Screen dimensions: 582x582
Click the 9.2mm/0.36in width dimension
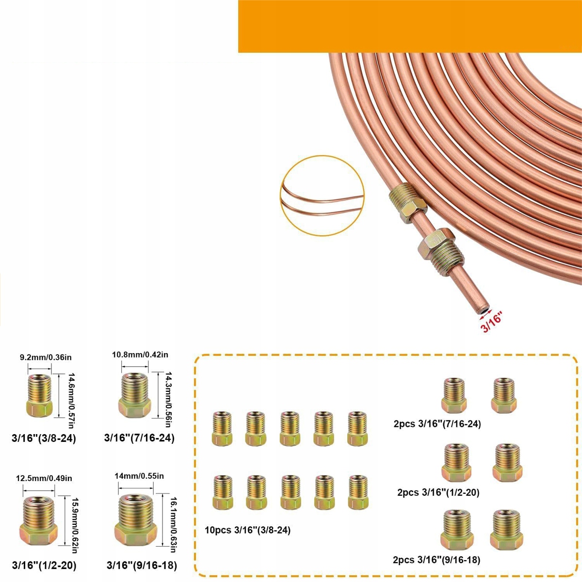46,357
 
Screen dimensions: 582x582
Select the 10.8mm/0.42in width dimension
140,355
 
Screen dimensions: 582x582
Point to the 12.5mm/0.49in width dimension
44,479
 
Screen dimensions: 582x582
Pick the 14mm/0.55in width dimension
139,476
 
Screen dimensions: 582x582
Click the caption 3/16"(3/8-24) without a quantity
44,438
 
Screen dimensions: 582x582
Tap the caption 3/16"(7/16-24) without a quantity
139,438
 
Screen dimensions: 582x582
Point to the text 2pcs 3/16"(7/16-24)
437,424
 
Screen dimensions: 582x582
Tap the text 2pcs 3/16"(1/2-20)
438,493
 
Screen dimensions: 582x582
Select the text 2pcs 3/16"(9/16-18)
436,560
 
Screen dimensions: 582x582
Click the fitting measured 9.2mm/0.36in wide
40,396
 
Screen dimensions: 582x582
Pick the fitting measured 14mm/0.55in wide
136,519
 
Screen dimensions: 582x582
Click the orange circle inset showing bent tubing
322,196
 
